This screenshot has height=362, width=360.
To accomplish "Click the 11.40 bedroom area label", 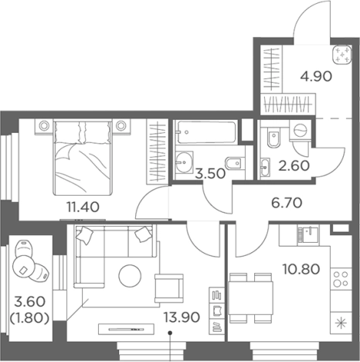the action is click(x=83, y=207).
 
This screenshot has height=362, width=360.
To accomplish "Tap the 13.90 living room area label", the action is click(x=182, y=317).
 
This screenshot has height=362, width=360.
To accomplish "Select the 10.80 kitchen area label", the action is click(x=301, y=269).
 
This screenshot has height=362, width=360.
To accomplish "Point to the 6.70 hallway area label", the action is click(x=287, y=203).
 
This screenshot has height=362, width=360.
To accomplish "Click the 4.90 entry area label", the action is click(x=316, y=77).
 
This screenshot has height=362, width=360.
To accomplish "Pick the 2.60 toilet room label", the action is click(x=294, y=166).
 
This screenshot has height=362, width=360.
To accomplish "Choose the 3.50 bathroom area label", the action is click(x=210, y=173).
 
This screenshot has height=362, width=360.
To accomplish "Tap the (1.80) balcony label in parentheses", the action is click(x=29, y=318).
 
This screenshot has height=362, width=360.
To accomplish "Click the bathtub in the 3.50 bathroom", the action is click(x=205, y=132).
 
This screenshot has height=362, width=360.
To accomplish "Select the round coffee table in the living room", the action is click(x=130, y=276).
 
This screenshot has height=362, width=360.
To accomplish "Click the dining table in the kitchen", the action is click(x=250, y=298).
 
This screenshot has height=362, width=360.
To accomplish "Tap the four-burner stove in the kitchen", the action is click(x=341, y=278).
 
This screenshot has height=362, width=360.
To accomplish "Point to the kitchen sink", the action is click(x=308, y=234).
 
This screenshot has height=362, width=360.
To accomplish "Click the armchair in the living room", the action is click(x=169, y=289).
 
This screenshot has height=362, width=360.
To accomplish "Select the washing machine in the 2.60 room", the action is click(x=300, y=130).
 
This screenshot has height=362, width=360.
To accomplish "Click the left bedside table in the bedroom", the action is click(x=44, y=126).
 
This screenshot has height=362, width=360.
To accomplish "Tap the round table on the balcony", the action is click(x=23, y=268).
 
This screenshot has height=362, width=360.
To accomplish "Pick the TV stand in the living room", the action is click(x=126, y=330).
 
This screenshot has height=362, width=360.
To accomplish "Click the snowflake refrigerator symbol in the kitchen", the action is click(x=341, y=323).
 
